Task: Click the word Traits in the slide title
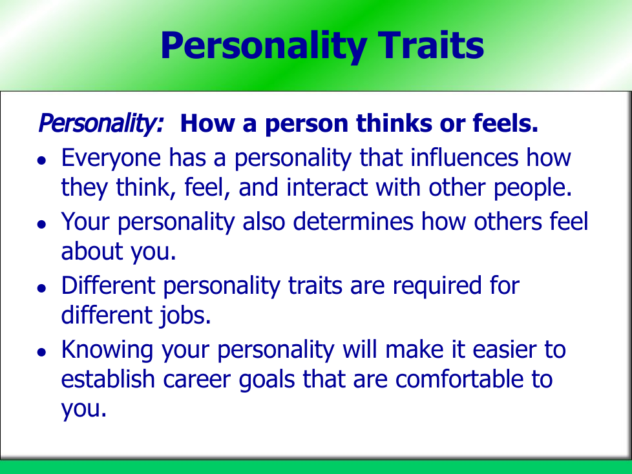coord(430,45)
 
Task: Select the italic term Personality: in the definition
coord(101,123)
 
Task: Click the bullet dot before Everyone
coord(41,160)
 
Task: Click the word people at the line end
coord(532,189)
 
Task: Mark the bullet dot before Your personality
coord(41,224)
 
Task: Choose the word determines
coord(353,222)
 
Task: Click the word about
coord(92,251)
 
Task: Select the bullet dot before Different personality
coord(41,288)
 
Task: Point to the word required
coord(437,287)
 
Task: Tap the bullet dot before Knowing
coord(41,352)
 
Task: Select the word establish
coord(108,379)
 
